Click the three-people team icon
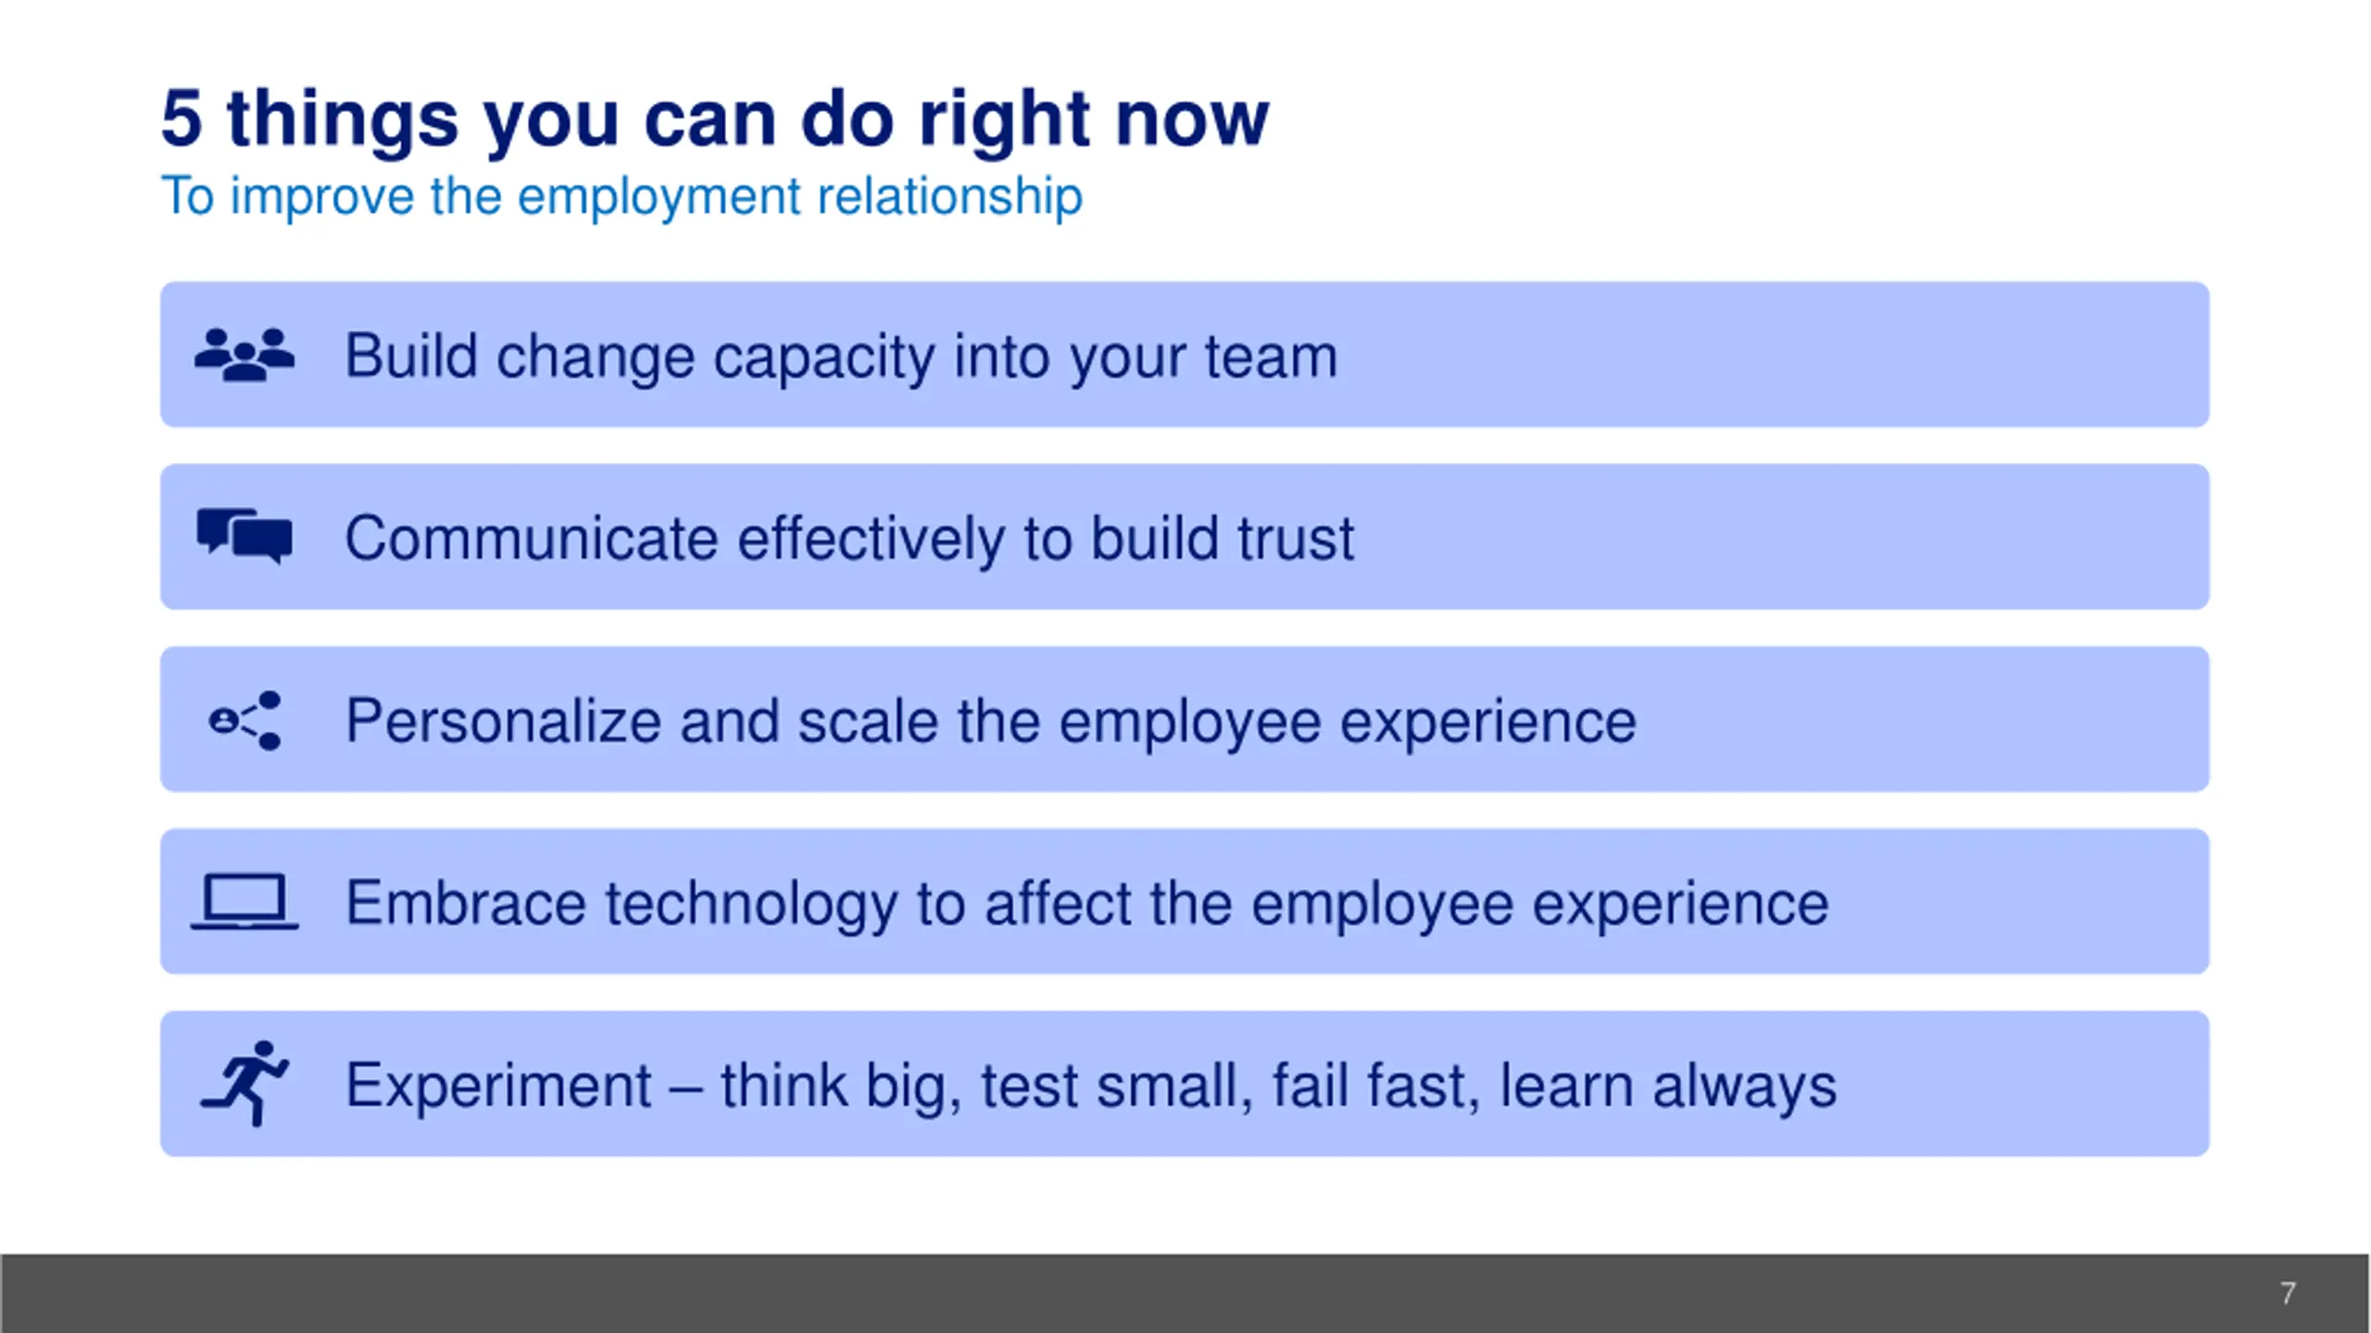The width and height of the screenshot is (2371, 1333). point(245,354)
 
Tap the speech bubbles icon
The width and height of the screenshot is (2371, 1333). point(245,536)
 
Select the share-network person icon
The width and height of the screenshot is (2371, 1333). point(245,720)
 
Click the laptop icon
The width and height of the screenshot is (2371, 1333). point(245,901)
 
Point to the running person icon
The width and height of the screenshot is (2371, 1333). point(245,1083)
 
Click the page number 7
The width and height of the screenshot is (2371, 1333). point(2288,1293)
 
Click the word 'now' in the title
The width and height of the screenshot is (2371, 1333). point(1192,120)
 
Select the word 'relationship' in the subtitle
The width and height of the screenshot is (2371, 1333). point(949,197)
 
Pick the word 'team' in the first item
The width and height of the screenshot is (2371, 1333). point(1271,357)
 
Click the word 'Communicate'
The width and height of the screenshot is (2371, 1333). point(531,538)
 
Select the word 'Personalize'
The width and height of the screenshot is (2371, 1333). point(503,721)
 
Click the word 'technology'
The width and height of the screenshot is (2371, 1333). point(751,904)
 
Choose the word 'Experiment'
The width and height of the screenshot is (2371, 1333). point(498,1085)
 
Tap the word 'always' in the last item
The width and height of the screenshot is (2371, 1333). point(1745,1087)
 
